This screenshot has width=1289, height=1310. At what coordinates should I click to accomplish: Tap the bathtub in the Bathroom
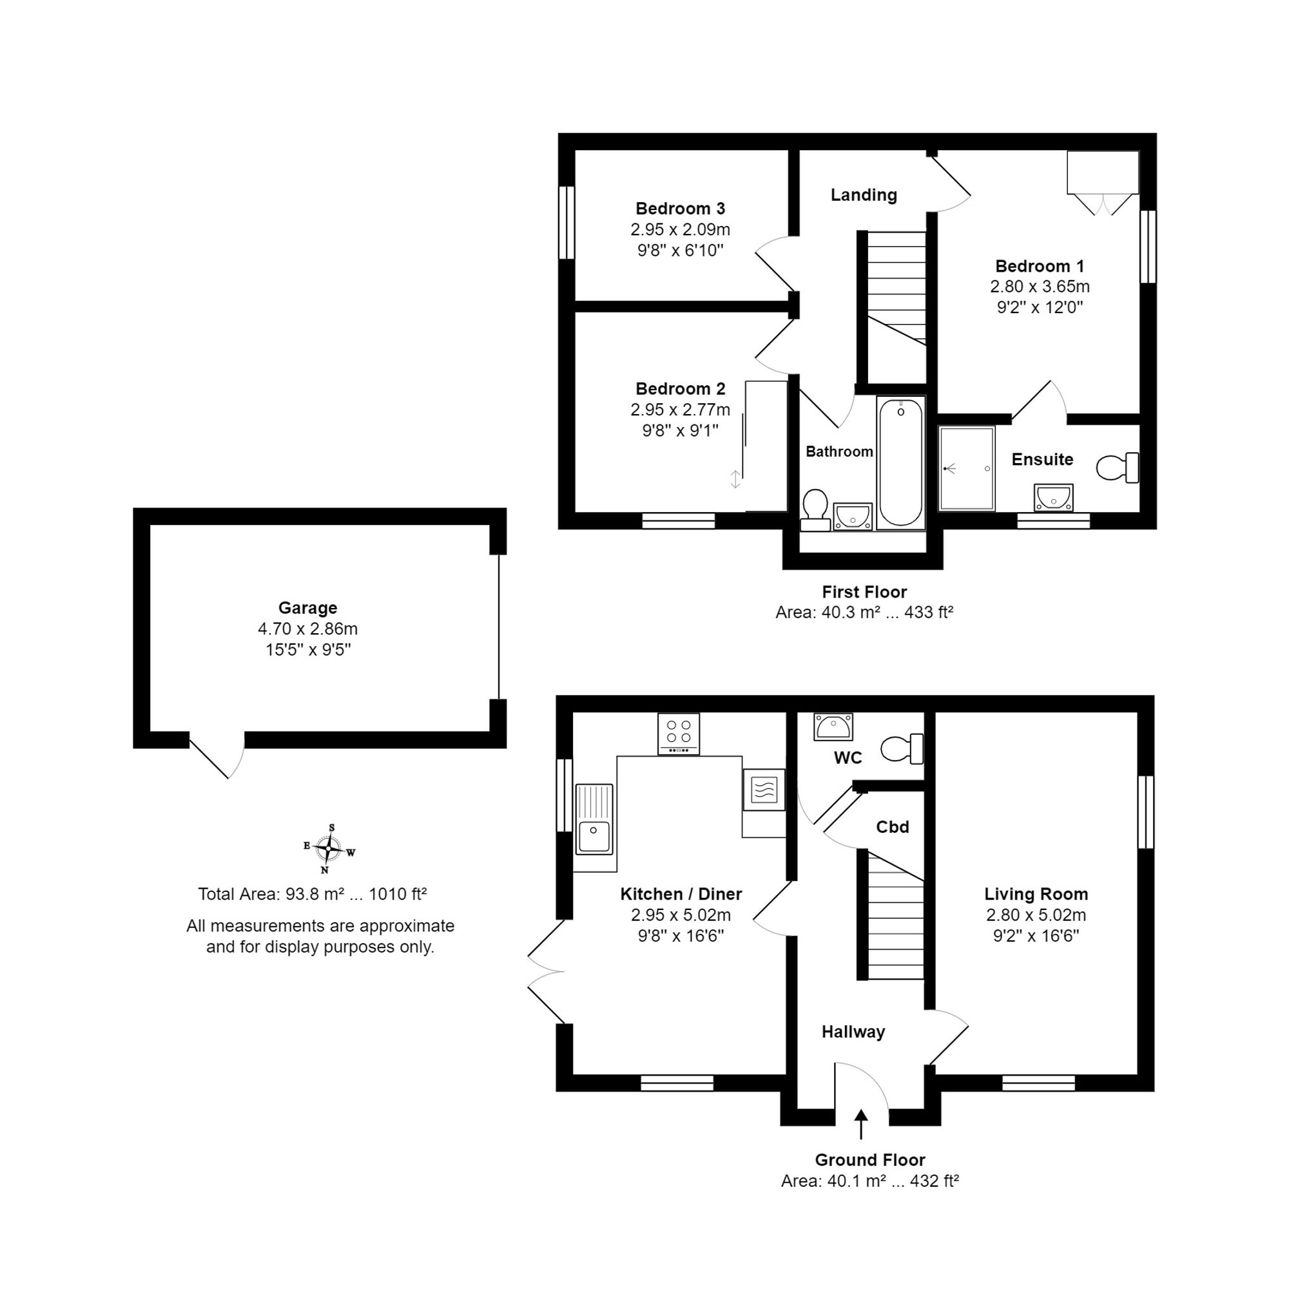pos(900,463)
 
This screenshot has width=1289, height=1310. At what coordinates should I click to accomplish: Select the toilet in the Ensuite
pos(1117,468)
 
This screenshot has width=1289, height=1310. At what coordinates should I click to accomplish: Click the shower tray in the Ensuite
pos(966,468)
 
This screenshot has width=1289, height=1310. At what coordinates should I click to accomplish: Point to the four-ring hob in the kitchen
pos(679,734)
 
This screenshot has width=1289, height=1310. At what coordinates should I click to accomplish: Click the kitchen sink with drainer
pos(594,819)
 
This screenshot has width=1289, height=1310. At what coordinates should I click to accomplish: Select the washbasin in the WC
pos(833,726)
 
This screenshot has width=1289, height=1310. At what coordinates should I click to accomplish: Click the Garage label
pos(308,607)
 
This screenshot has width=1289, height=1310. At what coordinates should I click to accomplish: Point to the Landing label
pos(864,195)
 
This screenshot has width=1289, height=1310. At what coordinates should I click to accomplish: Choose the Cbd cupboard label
pos(892,827)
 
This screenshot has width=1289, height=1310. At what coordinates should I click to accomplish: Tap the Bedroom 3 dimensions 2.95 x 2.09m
pos(681,229)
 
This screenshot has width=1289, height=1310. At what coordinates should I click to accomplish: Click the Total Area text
pos(312,894)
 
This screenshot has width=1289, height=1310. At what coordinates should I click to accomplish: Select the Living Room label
pos(1036,894)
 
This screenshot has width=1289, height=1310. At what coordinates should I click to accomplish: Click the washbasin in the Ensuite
pos(1053,497)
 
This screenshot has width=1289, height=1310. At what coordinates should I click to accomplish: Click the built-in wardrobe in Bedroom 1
pos(1103,184)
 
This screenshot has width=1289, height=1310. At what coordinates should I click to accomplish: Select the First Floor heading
pos(864,592)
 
